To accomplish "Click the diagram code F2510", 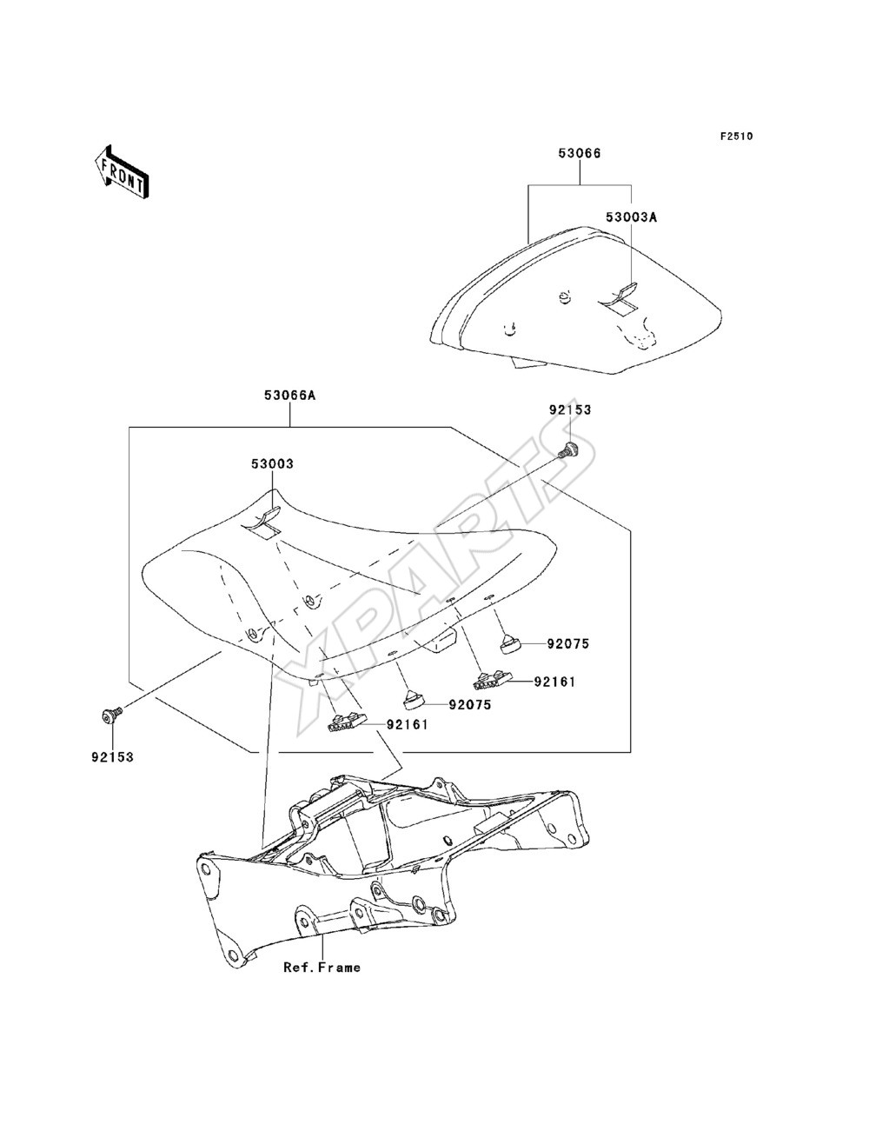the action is tap(736, 136).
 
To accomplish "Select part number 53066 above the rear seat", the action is tap(580, 154).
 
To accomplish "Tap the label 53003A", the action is tap(631, 217).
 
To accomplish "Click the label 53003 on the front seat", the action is tap(273, 463).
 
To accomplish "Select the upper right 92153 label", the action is tap(570, 409).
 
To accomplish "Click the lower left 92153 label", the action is tap(113, 757).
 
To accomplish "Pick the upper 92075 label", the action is tap(568, 644).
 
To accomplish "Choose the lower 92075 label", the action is tap(470, 705).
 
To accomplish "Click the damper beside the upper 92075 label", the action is tap(509, 642).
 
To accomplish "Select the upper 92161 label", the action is tap(555, 682).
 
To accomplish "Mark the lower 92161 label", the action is tap(408, 725).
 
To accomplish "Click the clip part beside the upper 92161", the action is tap(492, 680).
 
